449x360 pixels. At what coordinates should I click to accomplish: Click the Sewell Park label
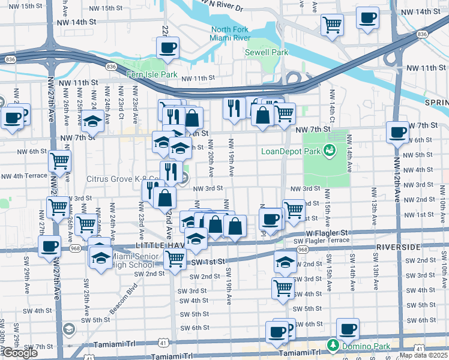267,52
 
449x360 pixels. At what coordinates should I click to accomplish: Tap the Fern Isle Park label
152,74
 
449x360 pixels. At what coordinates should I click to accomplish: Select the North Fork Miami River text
230,34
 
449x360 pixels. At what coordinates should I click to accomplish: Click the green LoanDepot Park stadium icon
329,151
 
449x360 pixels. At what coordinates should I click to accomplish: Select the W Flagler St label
327,232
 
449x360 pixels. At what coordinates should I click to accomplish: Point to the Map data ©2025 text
423,355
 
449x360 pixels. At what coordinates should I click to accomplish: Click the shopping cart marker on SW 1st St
175,259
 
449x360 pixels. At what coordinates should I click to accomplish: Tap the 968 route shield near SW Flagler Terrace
303,249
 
